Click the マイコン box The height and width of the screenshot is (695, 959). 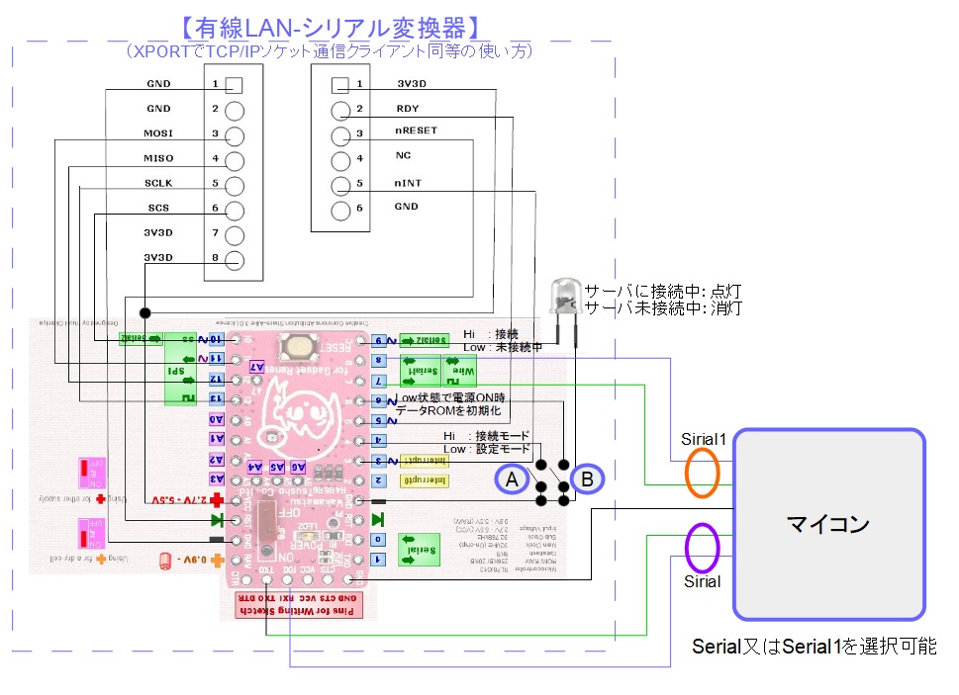pyautogui.click(x=828, y=523)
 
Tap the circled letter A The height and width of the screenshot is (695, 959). pyautogui.click(x=512, y=479)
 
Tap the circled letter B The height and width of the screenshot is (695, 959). pyautogui.click(x=587, y=479)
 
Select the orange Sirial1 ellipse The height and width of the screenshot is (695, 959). pyautogui.click(x=703, y=474)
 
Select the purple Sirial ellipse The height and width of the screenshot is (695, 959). pyautogui.click(x=702, y=548)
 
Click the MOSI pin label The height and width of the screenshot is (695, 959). pyautogui.click(x=158, y=133)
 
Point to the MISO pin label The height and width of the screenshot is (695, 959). pyautogui.click(x=158, y=158)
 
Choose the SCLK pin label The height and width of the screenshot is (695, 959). pyautogui.click(x=158, y=183)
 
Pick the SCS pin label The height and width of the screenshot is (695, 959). pyautogui.click(x=158, y=208)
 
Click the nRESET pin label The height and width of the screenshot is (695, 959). pyautogui.click(x=416, y=130)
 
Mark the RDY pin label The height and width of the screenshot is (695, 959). pyautogui.click(x=407, y=109)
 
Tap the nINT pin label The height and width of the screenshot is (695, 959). pyautogui.click(x=408, y=183)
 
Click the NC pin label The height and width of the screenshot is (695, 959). pyautogui.click(x=403, y=156)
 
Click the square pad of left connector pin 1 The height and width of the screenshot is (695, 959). pyautogui.click(x=235, y=85)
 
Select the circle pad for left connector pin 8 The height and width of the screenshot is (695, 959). pyautogui.click(x=235, y=260)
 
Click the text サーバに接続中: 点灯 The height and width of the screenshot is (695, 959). pyautogui.click(x=662, y=292)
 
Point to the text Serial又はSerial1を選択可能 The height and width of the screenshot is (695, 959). pyautogui.click(x=814, y=648)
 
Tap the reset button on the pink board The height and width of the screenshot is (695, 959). pyautogui.click(x=298, y=345)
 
